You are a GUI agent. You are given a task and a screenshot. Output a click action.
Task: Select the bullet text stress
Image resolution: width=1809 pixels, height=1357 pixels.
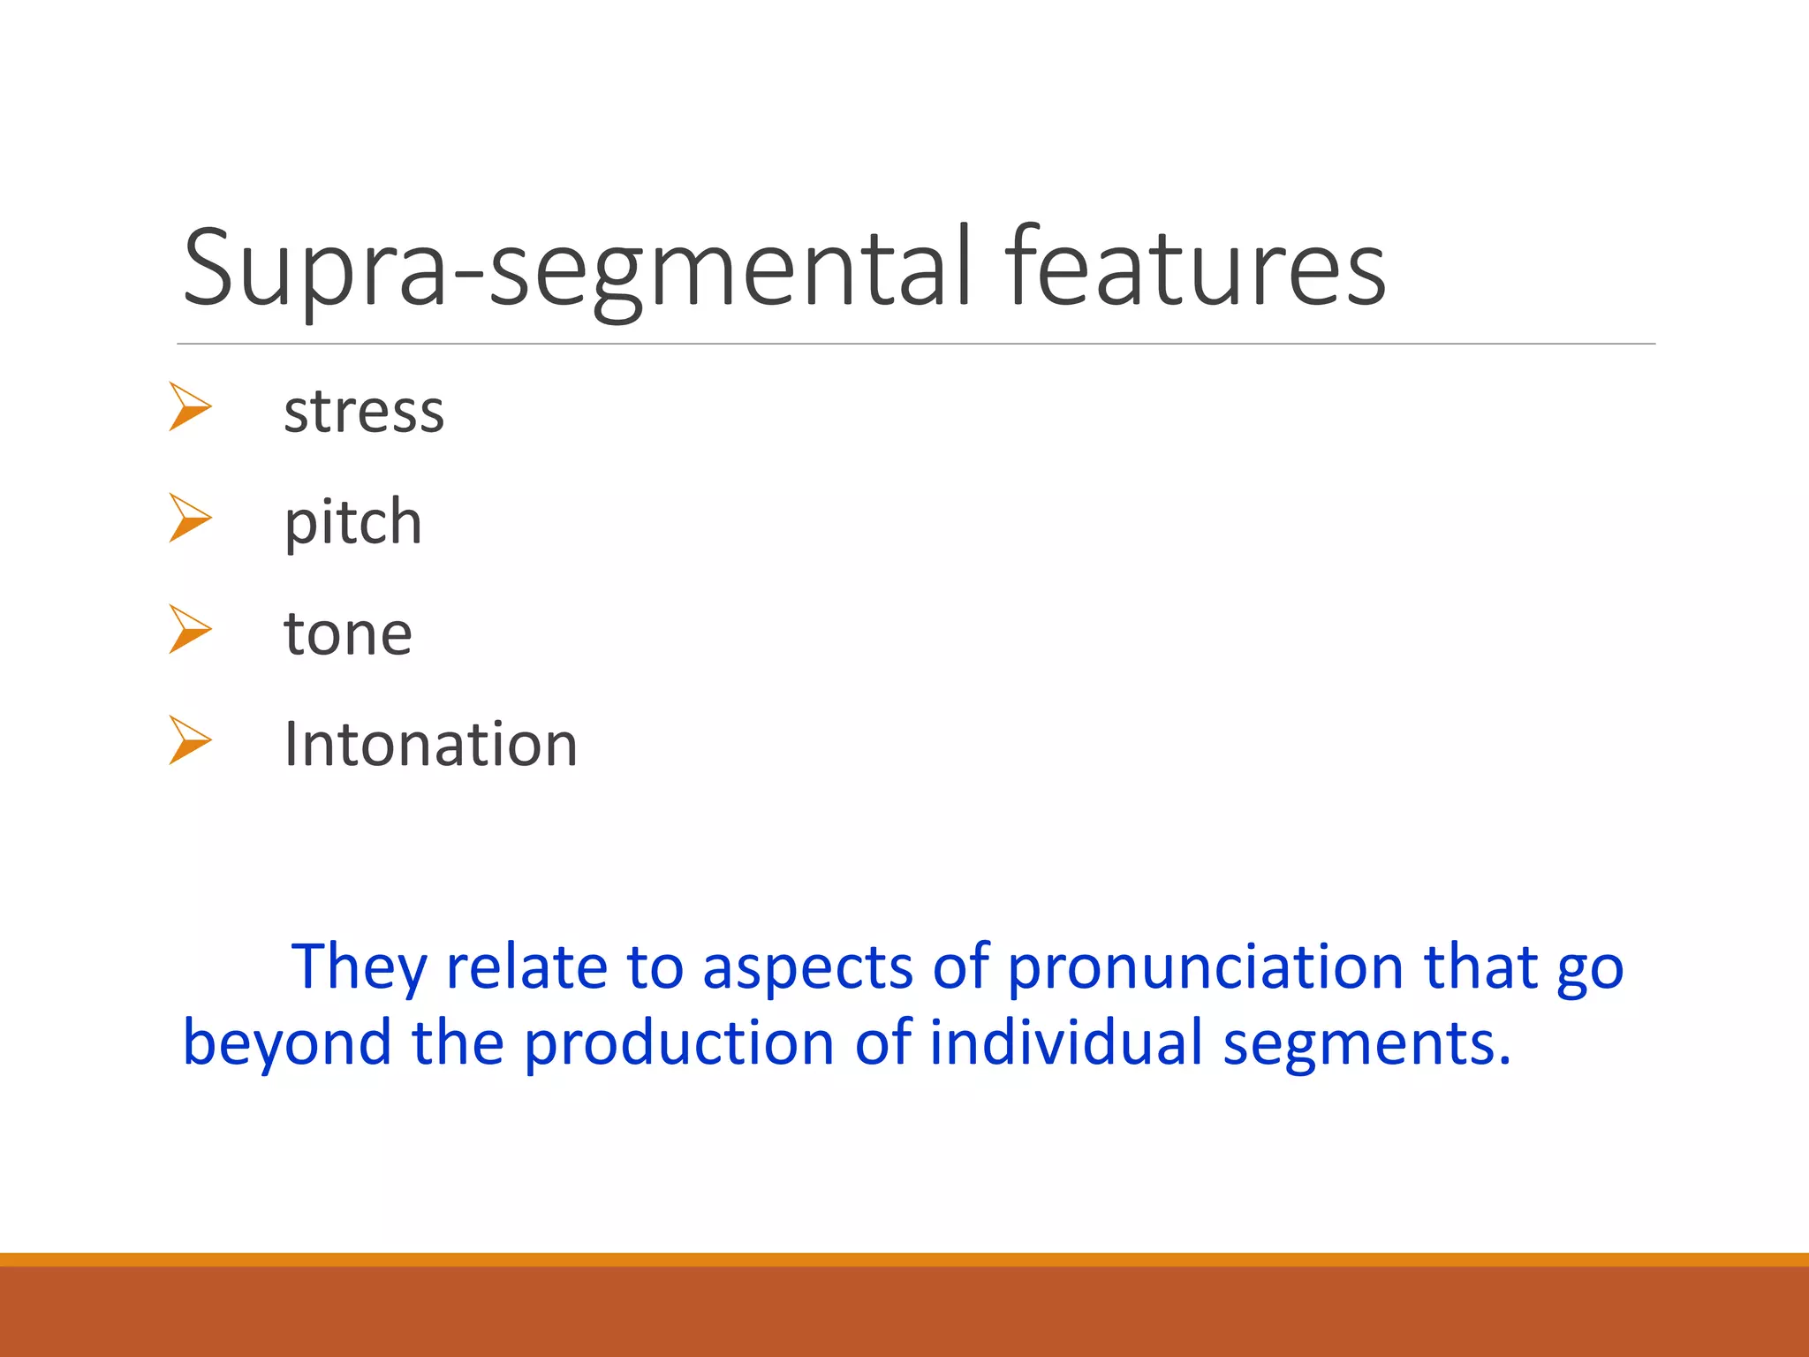[364, 412]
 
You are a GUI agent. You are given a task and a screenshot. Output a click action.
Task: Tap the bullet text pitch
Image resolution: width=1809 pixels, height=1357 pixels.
[352, 522]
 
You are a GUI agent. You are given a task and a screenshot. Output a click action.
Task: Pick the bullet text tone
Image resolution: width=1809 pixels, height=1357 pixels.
[347, 633]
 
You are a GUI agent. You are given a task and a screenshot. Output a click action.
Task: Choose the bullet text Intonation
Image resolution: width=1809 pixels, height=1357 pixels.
[430, 744]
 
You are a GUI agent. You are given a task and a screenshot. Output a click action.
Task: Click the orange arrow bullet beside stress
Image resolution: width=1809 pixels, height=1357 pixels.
[190, 407]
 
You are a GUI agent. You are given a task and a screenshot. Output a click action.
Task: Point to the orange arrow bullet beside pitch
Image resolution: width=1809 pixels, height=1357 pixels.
[190, 518]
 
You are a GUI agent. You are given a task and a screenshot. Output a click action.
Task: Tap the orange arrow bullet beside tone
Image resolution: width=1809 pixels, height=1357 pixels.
[190, 629]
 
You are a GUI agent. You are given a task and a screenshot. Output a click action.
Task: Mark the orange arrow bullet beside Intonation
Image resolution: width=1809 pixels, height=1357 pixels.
[190, 740]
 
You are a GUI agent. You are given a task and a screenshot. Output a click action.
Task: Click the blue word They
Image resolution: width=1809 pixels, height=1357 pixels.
[360, 967]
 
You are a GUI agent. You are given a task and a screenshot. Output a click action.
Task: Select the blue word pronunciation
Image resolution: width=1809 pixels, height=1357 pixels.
[1206, 967]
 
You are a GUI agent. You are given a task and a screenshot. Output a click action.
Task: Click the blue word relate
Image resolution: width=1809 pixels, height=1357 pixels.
[526, 967]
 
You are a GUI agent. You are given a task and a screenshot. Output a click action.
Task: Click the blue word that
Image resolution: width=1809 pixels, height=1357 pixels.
[1480, 967]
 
